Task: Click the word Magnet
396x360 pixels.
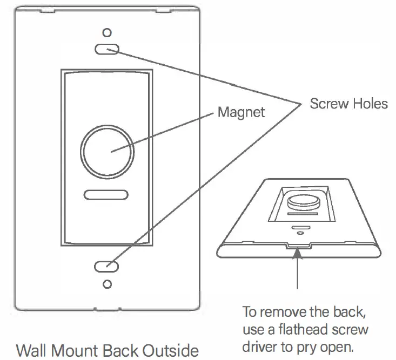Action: (x=241, y=112)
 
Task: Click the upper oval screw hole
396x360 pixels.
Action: (x=106, y=50)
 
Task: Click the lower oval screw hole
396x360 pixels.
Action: (x=106, y=266)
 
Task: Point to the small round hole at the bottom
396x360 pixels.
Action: (x=107, y=284)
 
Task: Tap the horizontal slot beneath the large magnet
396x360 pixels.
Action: (x=106, y=194)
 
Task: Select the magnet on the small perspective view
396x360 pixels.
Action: (x=299, y=202)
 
